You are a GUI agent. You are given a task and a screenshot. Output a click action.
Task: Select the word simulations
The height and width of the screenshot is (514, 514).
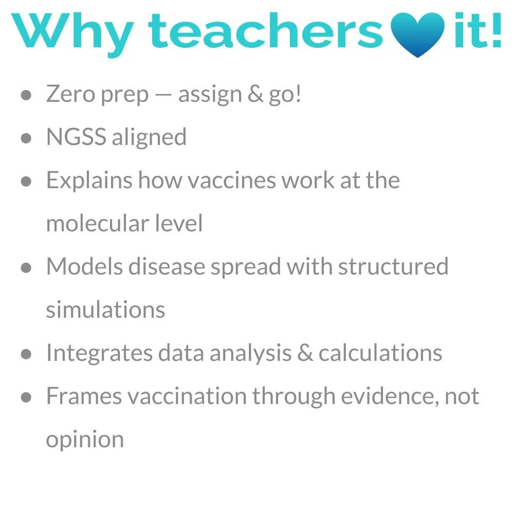point(105,309)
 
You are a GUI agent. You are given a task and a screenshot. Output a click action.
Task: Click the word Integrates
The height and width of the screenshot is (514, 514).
point(99,353)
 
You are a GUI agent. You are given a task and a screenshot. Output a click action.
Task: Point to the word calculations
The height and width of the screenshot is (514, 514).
point(380,353)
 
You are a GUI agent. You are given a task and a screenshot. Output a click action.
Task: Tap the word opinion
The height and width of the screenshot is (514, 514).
point(85,440)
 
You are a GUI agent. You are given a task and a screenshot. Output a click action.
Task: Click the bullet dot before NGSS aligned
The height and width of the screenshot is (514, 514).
point(26,138)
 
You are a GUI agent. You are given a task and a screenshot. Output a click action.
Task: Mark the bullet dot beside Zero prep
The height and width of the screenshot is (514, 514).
point(26,95)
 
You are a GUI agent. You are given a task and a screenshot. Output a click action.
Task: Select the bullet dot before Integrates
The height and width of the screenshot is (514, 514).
point(26,354)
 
